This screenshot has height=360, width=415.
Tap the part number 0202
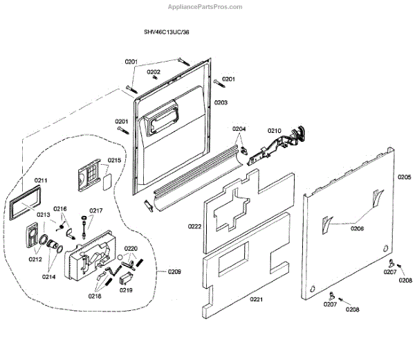[x=154, y=72]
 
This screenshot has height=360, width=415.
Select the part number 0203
[x=221, y=102]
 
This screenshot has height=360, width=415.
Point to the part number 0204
[x=239, y=129]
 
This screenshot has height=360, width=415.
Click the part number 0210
[x=275, y=130]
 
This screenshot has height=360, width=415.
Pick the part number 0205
[x=405, y=177]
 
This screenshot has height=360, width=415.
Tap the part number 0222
[x=194, y=226]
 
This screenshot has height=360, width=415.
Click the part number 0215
[x=115, y=161]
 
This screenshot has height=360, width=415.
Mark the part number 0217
[x=96, y=210]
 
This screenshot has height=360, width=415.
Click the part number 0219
[x=126, y=290]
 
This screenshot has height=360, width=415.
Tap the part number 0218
[x=94, y=296]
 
